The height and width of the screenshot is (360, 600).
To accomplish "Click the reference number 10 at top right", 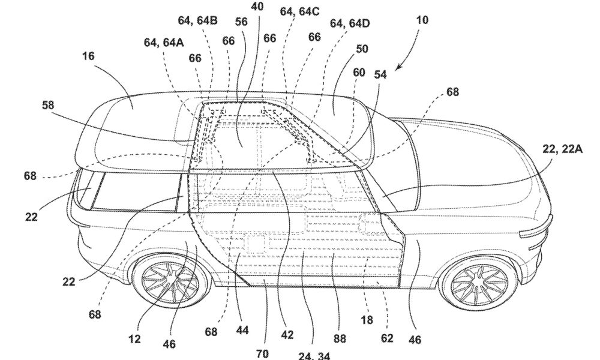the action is [422, 20].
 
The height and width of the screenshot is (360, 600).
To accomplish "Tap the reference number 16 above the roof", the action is [88, 56].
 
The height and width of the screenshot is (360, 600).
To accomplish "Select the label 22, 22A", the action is [563, 149].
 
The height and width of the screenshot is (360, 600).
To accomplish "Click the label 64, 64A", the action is [164, 42].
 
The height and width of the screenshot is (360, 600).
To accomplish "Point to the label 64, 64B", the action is [198, 20].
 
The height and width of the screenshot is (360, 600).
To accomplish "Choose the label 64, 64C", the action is [299, 11].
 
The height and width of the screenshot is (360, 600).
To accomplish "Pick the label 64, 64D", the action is [350, 23].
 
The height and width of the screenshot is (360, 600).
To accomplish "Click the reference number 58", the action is [48, 105].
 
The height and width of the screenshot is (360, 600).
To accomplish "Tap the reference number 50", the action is [362, 49].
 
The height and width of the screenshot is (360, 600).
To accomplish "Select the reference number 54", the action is [380, 74].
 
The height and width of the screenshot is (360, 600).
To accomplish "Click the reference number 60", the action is [359, 73].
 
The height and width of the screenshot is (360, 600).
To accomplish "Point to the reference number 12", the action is [134, 339].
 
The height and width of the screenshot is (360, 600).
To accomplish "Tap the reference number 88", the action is [340, 338].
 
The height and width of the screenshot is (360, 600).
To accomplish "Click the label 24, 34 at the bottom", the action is [314, 356].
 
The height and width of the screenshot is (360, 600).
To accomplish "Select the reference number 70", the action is [262, 354].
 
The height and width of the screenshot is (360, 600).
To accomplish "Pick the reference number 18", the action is [367, 319].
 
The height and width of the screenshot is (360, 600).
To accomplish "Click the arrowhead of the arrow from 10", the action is [398, 68].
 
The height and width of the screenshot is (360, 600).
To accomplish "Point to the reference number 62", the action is [387, 338].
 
